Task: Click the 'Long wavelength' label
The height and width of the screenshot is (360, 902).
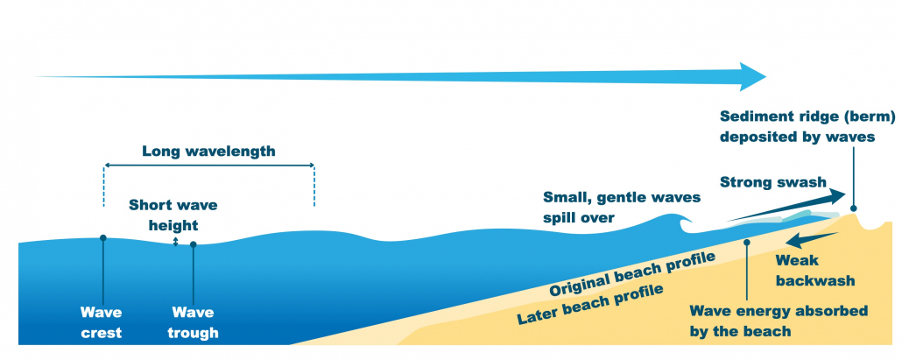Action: (208, 151)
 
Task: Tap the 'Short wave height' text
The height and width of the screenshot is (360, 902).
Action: (173, 215)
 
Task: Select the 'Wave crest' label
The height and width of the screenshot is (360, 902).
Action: (102, 321)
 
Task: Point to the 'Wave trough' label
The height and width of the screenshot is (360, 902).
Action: (194, 321)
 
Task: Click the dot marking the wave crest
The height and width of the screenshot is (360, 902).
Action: (103, 237)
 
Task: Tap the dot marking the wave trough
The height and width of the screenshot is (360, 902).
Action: (193, 244)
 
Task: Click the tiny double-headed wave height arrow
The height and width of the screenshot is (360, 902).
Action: (175, 241)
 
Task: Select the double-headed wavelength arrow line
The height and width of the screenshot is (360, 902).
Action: (208, 165)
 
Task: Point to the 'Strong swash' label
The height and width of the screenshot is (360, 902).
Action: (772, 182)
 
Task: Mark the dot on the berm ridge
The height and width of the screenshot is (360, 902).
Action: (854, 208)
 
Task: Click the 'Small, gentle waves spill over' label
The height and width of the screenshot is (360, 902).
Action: (622, 206)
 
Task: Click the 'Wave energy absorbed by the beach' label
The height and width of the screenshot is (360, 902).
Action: (778, 321)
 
